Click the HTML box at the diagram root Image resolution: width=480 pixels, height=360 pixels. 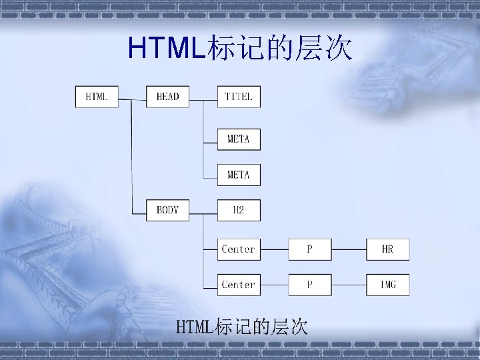click(x=97, y=97)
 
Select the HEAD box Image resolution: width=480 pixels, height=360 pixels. click(x=167, y=97)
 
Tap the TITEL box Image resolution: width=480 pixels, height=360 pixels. click(x=239, y=97)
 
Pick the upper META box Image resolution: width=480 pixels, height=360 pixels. click(x=239, y=139)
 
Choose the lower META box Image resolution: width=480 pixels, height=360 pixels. click(x=239, y=175)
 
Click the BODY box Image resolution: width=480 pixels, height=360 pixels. click(x=167, y=210)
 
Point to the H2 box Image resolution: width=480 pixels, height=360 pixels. click(x=239, y=210)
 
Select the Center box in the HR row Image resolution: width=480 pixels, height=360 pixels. click(x=239, y=249)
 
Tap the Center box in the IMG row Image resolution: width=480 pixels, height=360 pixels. click(x=239, y=285)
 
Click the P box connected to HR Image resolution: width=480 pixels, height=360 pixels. click(x=309, y=249)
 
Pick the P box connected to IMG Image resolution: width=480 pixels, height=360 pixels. click(x=309, y=285)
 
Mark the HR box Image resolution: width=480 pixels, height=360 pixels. click(x=388, y=249)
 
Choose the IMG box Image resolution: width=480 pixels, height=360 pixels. click(x=388, y=285)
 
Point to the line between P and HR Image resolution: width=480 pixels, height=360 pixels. click(x=349, y=250)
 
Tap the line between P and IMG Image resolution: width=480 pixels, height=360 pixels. click(x=349, y=285)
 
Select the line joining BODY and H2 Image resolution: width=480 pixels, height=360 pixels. click(x=203, y=211)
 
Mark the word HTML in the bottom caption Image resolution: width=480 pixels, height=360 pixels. click(x=193, y=327)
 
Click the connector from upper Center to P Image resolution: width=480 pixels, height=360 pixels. click(x=274, y=250)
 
